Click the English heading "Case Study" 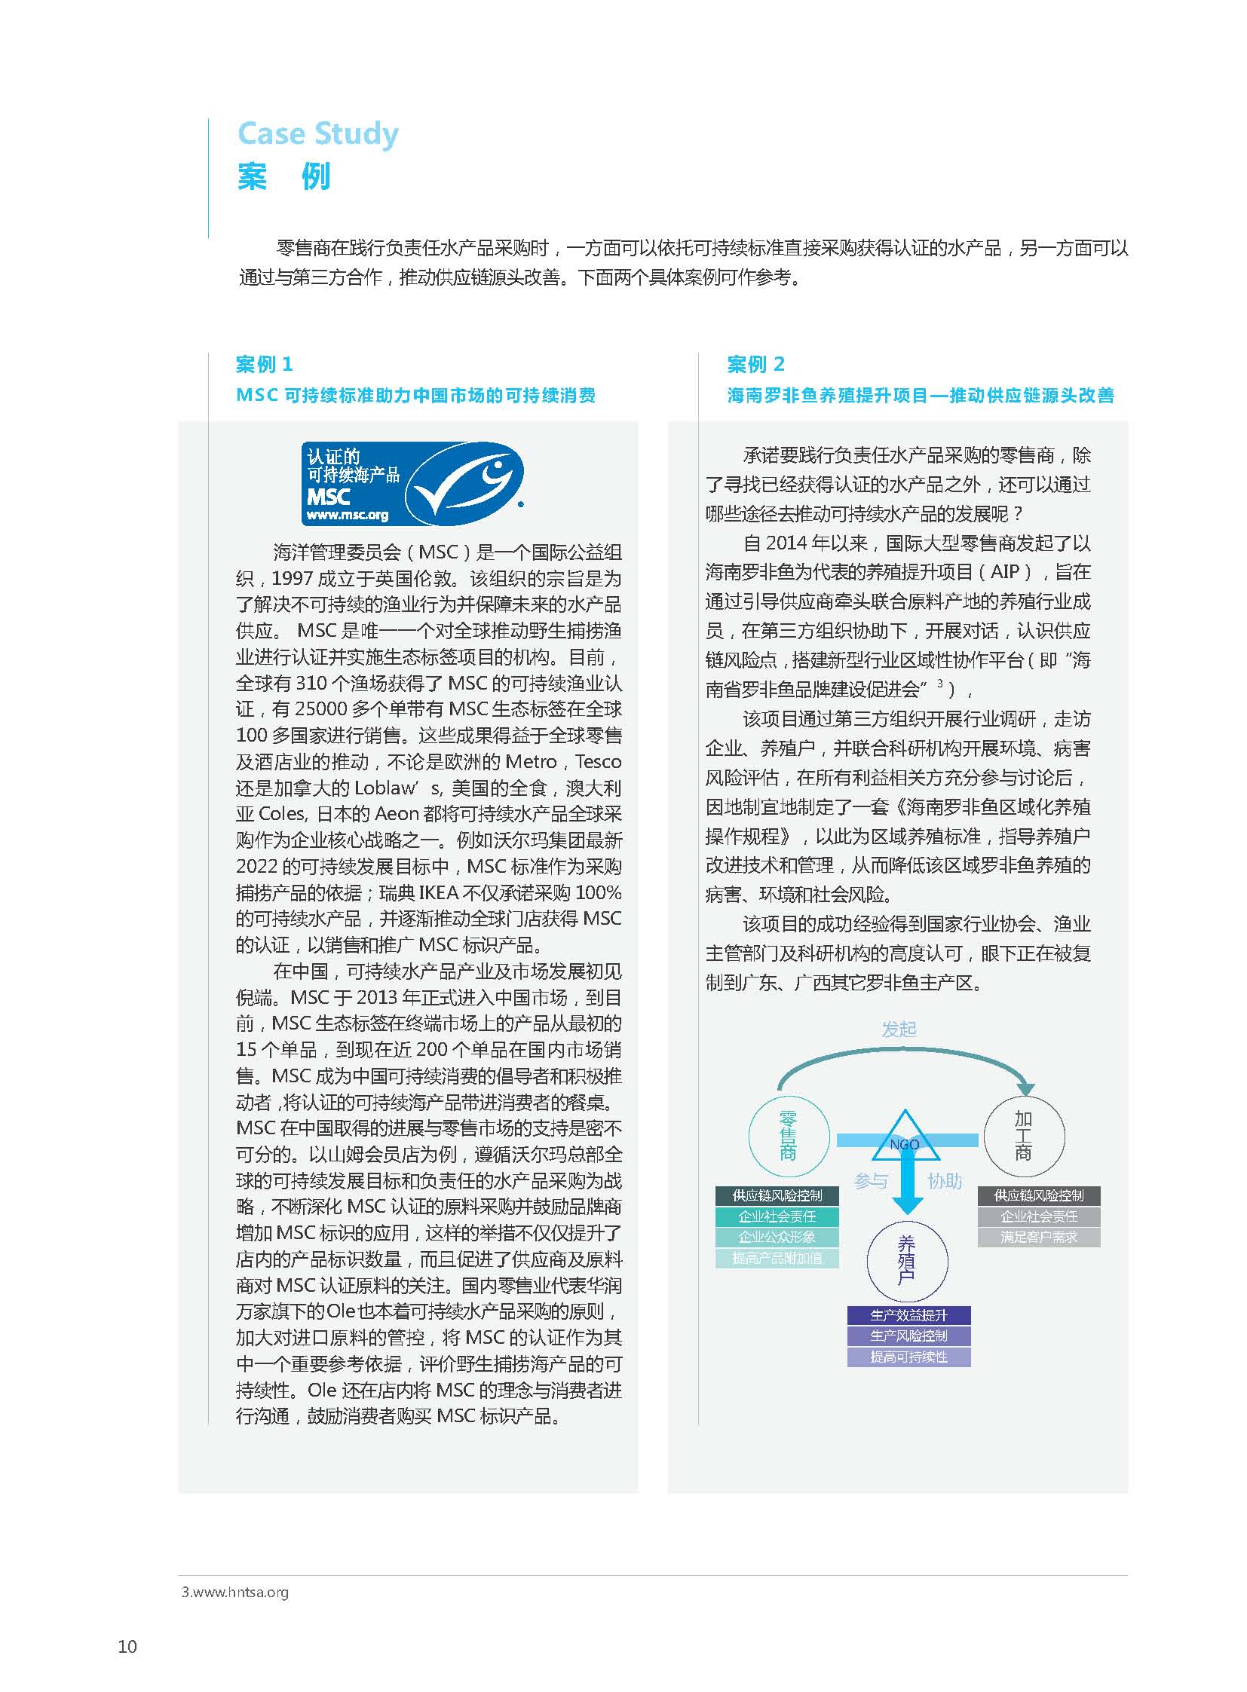pos(318,133)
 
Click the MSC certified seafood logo pos(412,483)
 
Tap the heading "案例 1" pos(263,365)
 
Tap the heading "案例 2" pos(755,365)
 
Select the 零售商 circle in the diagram pos(788,1135)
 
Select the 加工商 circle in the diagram pos(1024,1135)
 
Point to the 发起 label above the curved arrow pos(898,1030)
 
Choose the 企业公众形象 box pos(777,1237)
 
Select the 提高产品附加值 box pos(777,1258)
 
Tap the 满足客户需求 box pos(1039,1237)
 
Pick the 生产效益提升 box pos(908,1315)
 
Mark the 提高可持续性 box pos(908,1357)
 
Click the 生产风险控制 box pos(908,1336)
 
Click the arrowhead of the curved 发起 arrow pos(1025,1088)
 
